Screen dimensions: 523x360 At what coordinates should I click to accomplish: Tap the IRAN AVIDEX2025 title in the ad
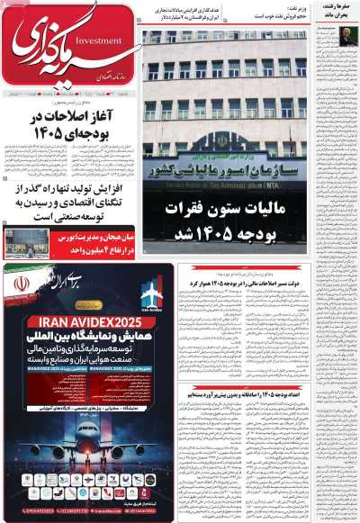[69, 320]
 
